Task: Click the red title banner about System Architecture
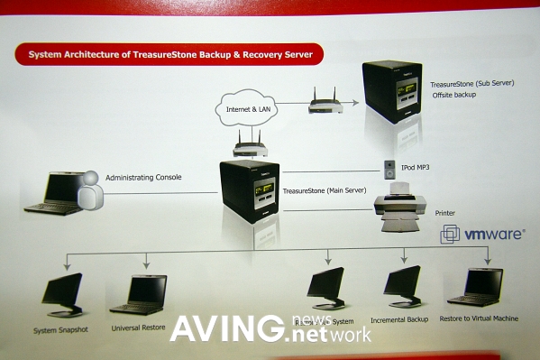(169, 55)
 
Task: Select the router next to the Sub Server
(325, 100)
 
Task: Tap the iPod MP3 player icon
(389, 168)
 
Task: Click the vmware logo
(481, 235)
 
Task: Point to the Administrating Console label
(144, 177)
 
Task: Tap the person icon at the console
(90, 190)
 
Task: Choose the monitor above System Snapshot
(63, 294)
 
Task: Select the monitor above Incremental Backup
(402, 287)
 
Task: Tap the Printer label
(445, 214)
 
